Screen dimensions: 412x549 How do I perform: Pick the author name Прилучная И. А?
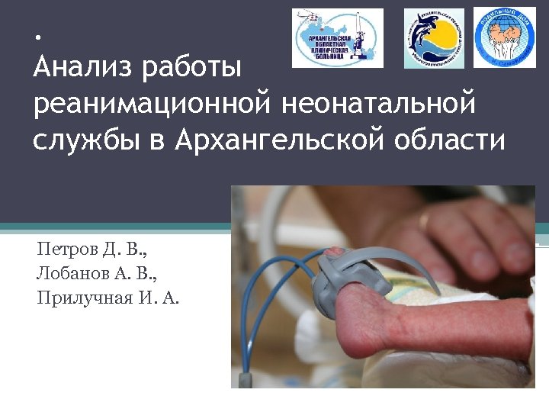point(108,298)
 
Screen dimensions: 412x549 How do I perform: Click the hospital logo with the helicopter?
point(338,38)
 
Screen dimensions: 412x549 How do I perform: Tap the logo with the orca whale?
point(433,38)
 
